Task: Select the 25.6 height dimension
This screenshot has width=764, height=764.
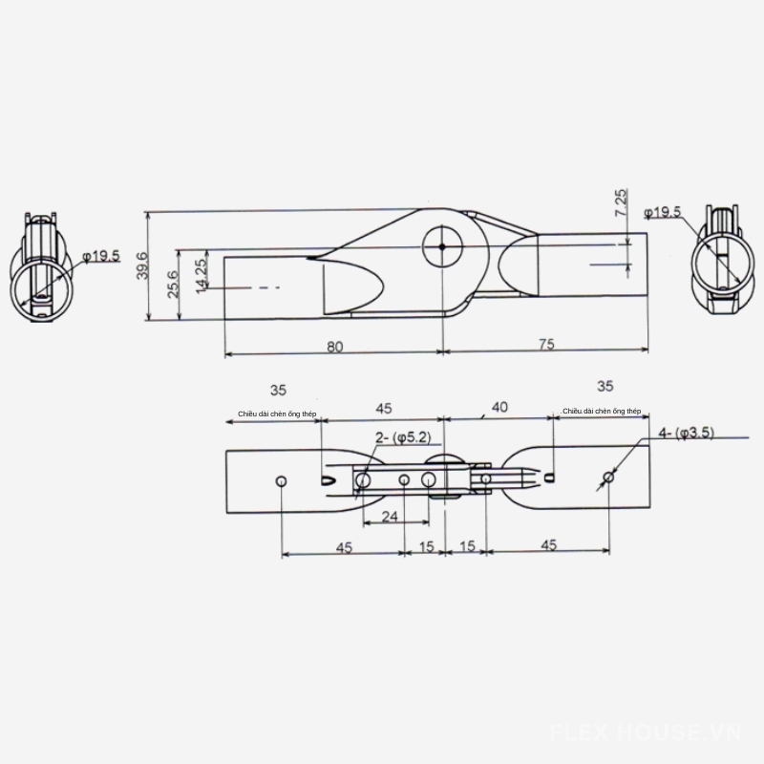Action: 173,284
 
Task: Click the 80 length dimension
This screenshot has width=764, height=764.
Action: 333,347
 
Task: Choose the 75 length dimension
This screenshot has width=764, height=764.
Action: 545,346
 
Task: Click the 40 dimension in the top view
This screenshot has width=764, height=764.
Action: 499,408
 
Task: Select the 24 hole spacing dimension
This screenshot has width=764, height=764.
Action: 389,516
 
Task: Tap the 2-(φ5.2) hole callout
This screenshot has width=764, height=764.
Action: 405,436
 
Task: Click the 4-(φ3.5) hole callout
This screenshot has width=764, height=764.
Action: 686,433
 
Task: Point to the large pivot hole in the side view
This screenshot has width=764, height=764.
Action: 442,245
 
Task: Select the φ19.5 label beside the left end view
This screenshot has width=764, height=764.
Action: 101,255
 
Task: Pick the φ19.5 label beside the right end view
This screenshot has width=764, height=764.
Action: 662,212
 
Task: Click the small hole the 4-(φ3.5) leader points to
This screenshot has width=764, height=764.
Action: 608,477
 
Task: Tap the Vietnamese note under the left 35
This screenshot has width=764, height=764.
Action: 277,414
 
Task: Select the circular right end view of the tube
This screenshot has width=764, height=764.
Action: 721,263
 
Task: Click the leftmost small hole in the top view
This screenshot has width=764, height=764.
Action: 282,479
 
